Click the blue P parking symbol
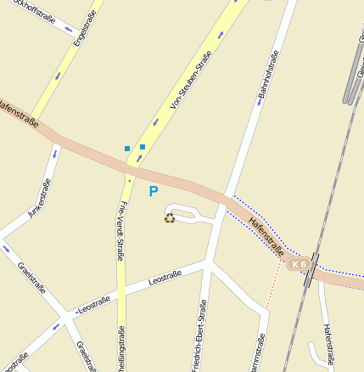pos(154,192)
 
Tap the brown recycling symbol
pos(170,218)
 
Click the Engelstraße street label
pos(81,26)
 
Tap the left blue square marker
pos(127,149)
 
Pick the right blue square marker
pos(143,147)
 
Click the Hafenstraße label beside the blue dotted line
pos(266,236)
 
